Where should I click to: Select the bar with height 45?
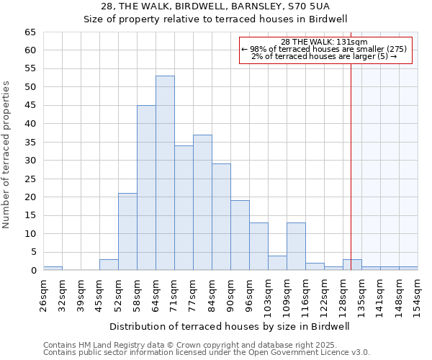[146, 187]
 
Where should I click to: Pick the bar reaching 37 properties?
[202, 202]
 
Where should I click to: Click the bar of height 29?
[221, 217]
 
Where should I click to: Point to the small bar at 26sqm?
[53, 269]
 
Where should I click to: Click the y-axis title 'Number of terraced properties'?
[6, 154]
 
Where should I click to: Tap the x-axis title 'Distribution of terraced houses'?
[230, 326]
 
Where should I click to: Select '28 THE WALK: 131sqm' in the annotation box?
[324, 42]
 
